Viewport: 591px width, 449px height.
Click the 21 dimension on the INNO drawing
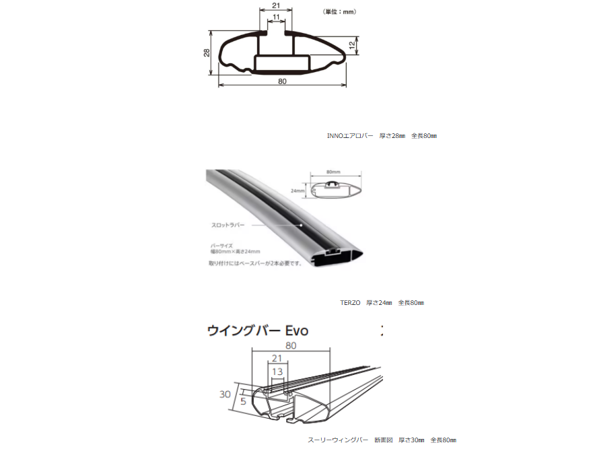[275, 5]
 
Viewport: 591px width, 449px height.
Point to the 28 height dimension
[207, 53]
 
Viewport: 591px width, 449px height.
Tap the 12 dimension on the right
[351, 44]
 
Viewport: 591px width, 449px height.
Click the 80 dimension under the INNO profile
[282, 81]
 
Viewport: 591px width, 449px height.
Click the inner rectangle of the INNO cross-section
[282, 65]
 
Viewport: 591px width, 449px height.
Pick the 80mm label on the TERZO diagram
[333, 172]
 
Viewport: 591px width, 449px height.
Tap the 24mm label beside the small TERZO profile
[299, 191]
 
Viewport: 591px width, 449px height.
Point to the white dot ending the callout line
[302, 224]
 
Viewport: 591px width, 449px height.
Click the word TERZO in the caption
[351, 302]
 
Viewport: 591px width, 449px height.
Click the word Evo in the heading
[296, 331]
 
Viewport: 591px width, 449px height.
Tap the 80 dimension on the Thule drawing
[291, 345]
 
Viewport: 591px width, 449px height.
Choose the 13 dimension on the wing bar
[277, 371]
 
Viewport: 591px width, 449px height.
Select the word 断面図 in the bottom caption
[383, 440]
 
